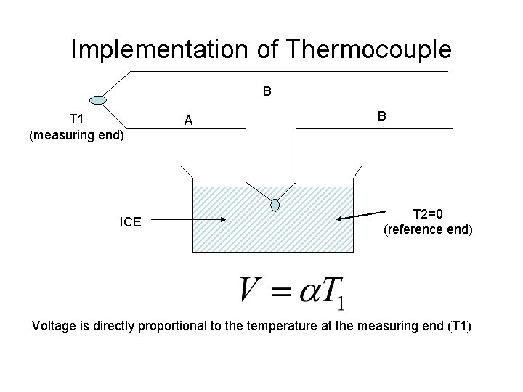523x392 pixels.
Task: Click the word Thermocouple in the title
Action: tap(370, 49)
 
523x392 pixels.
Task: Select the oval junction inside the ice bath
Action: tap(275, 205)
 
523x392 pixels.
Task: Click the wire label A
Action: tap(188, 121)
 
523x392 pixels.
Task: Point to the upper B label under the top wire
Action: tap(267, 92)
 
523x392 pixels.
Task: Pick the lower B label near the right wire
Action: tap(382, 116)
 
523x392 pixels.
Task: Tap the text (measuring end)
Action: tap(77, 134)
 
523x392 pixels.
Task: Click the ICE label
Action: tap(131, 221)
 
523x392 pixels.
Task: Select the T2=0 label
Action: tap(429, 214)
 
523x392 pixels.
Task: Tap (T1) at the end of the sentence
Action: tap(457, 326)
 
